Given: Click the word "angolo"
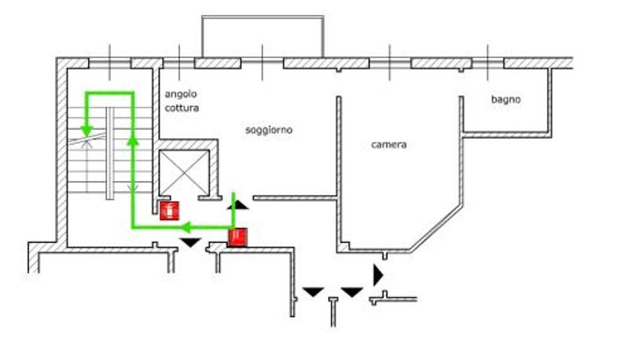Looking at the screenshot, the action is pos(181,94).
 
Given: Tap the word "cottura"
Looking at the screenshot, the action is pos(182,108).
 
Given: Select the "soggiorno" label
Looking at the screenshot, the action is pos(269,130).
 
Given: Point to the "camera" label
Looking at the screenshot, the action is pos(388,145).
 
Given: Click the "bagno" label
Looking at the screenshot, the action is pos(506,99).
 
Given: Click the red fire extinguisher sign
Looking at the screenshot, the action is pos(169,211).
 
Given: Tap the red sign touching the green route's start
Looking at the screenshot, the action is pos(238,237).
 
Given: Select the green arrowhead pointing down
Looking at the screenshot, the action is pos(86,131).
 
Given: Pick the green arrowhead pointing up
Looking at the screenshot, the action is pos(133,139).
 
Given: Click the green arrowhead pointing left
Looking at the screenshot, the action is pos(186,228).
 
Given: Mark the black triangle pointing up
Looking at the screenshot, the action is pos(238,205).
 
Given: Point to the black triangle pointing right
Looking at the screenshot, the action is pos(378,275).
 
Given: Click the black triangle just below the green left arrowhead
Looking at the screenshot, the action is pos(190,243).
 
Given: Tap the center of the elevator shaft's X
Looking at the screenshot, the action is pos(184,172).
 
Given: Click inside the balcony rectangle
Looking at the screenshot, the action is pos(263,37).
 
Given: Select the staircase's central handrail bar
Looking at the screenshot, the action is pos(110,153).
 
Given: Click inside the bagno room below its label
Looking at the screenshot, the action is pos(506,118).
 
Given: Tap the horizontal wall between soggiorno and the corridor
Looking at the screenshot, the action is pos(294,198).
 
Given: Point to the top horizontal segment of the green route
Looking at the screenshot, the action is pos(109,93).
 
